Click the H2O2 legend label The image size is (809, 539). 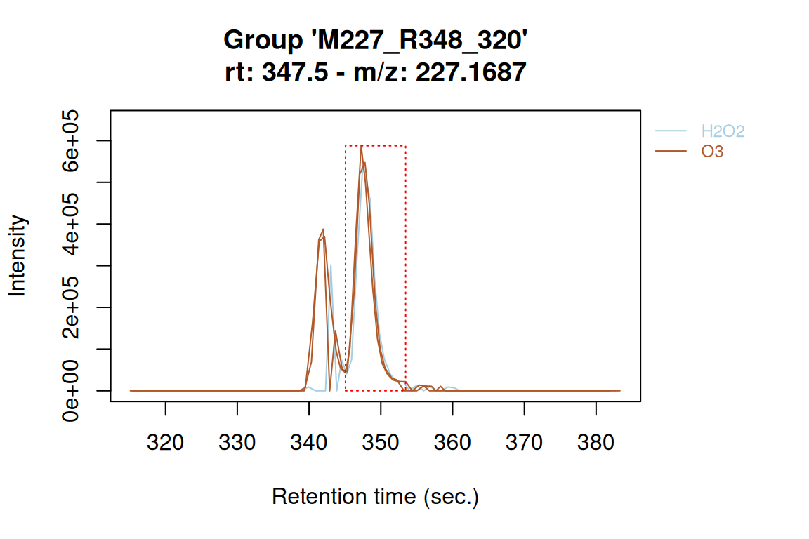coord(723,131)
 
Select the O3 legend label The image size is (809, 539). coord(712,151)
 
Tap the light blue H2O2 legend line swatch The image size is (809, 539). coord(671,131)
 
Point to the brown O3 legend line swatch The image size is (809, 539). coord(671,151)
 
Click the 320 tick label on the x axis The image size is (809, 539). coord(166,443)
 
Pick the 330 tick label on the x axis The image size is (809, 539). coord(237,443)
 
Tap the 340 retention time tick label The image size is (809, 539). coord(309,443)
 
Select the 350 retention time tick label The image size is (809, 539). coord(381,443)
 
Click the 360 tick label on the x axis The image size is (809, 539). coord(452,443)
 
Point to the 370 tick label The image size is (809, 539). coord(525,443)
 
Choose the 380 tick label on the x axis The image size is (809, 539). coord(596,443)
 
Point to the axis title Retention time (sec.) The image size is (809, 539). coord(375,497)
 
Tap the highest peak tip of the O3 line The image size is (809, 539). coord(361,146)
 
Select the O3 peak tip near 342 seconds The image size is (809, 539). coord(323,229)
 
